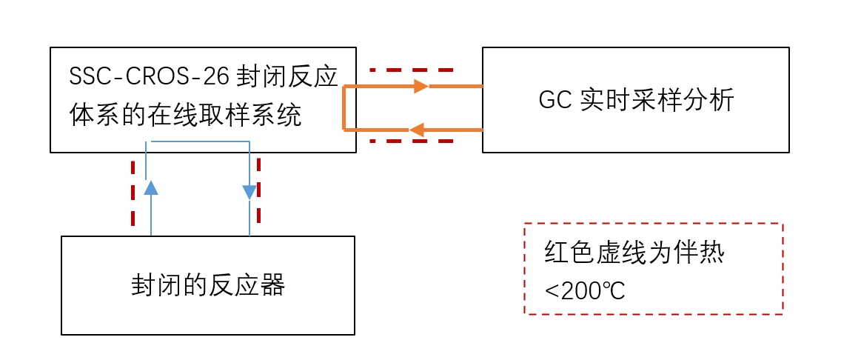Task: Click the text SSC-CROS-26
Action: (151, 77)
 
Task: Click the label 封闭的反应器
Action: (208, 285)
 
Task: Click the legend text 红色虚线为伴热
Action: (634, 254)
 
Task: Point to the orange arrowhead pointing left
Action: (416, 130)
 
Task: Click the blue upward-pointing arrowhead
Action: (151, 187)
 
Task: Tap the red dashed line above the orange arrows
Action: (411, 70)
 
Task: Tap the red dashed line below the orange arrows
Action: (411, 141)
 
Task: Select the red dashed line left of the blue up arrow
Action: (133, 193)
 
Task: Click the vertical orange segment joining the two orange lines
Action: (344, 108)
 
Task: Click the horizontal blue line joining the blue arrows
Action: (200, 141)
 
